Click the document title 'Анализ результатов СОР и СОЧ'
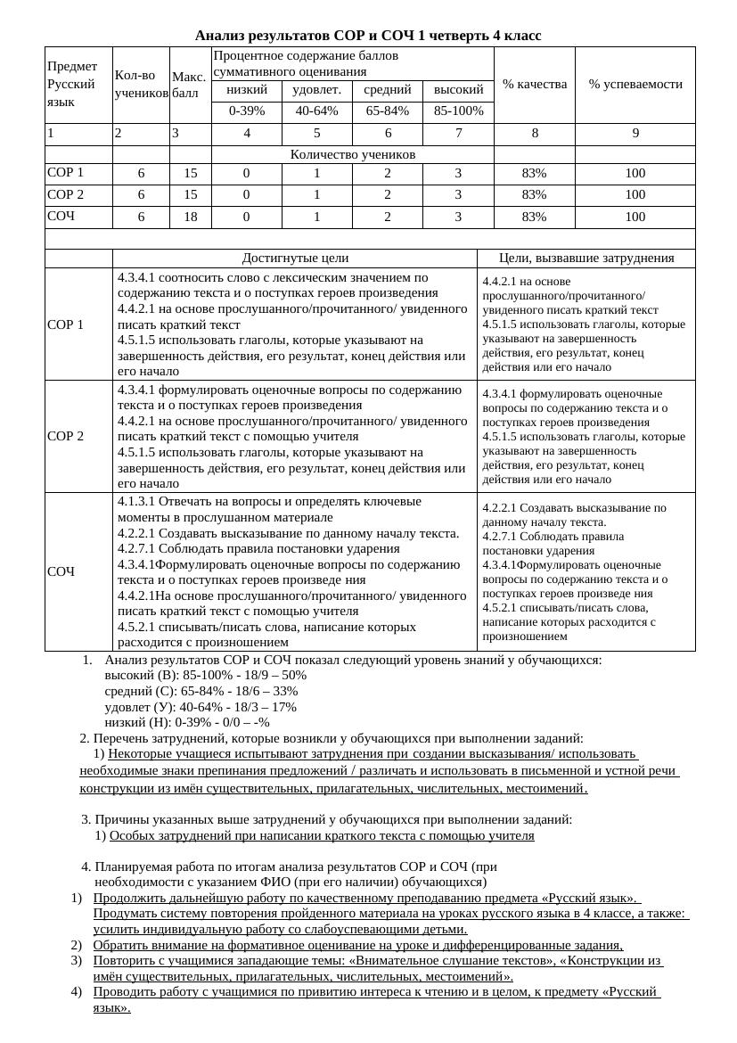pos(367,36)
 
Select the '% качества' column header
pos(534,84)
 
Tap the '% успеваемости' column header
pos(635,84)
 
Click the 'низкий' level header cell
pos(247,90)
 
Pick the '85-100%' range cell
pos(458,111)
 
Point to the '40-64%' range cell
pos(316,111)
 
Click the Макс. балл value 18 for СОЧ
pos(190,217)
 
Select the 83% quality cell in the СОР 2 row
pos(534,194)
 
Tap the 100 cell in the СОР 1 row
pos(635,173)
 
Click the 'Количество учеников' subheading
pos(352,154)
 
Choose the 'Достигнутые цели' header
pos(295,259)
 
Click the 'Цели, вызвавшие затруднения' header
pos(586,259)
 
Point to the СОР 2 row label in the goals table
pos(65,436)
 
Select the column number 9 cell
pos(635,134)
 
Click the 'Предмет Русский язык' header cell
pos(78,84)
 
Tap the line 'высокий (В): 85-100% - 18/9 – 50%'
pos(205,676)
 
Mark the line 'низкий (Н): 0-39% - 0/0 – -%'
pos(186,722)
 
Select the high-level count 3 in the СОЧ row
pos(458,217)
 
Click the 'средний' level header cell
pos(388,90)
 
